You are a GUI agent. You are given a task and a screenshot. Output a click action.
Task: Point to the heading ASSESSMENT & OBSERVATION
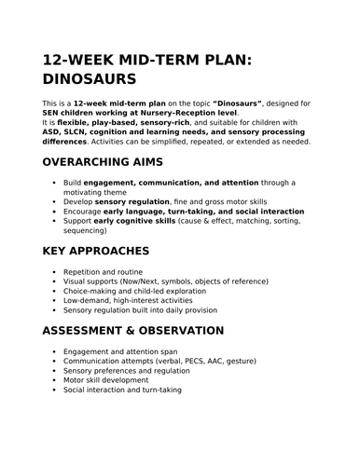pyautogui.click(x=133, y=330)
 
